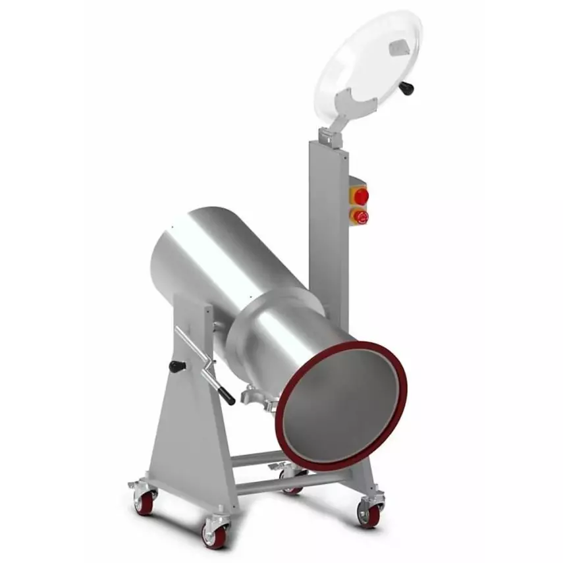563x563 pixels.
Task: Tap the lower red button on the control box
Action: click(x=360, y=215)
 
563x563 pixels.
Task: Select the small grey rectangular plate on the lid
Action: click(x=399, y=47)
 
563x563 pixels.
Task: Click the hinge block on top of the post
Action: click(x=327, y=136)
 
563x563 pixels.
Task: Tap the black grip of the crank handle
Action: click(x=225, y=394)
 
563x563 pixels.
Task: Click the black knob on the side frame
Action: click(x=176, y=366)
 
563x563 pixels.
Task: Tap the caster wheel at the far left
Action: click(x=144, y=501)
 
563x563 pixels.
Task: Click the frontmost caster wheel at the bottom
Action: click(x=215, y=535)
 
